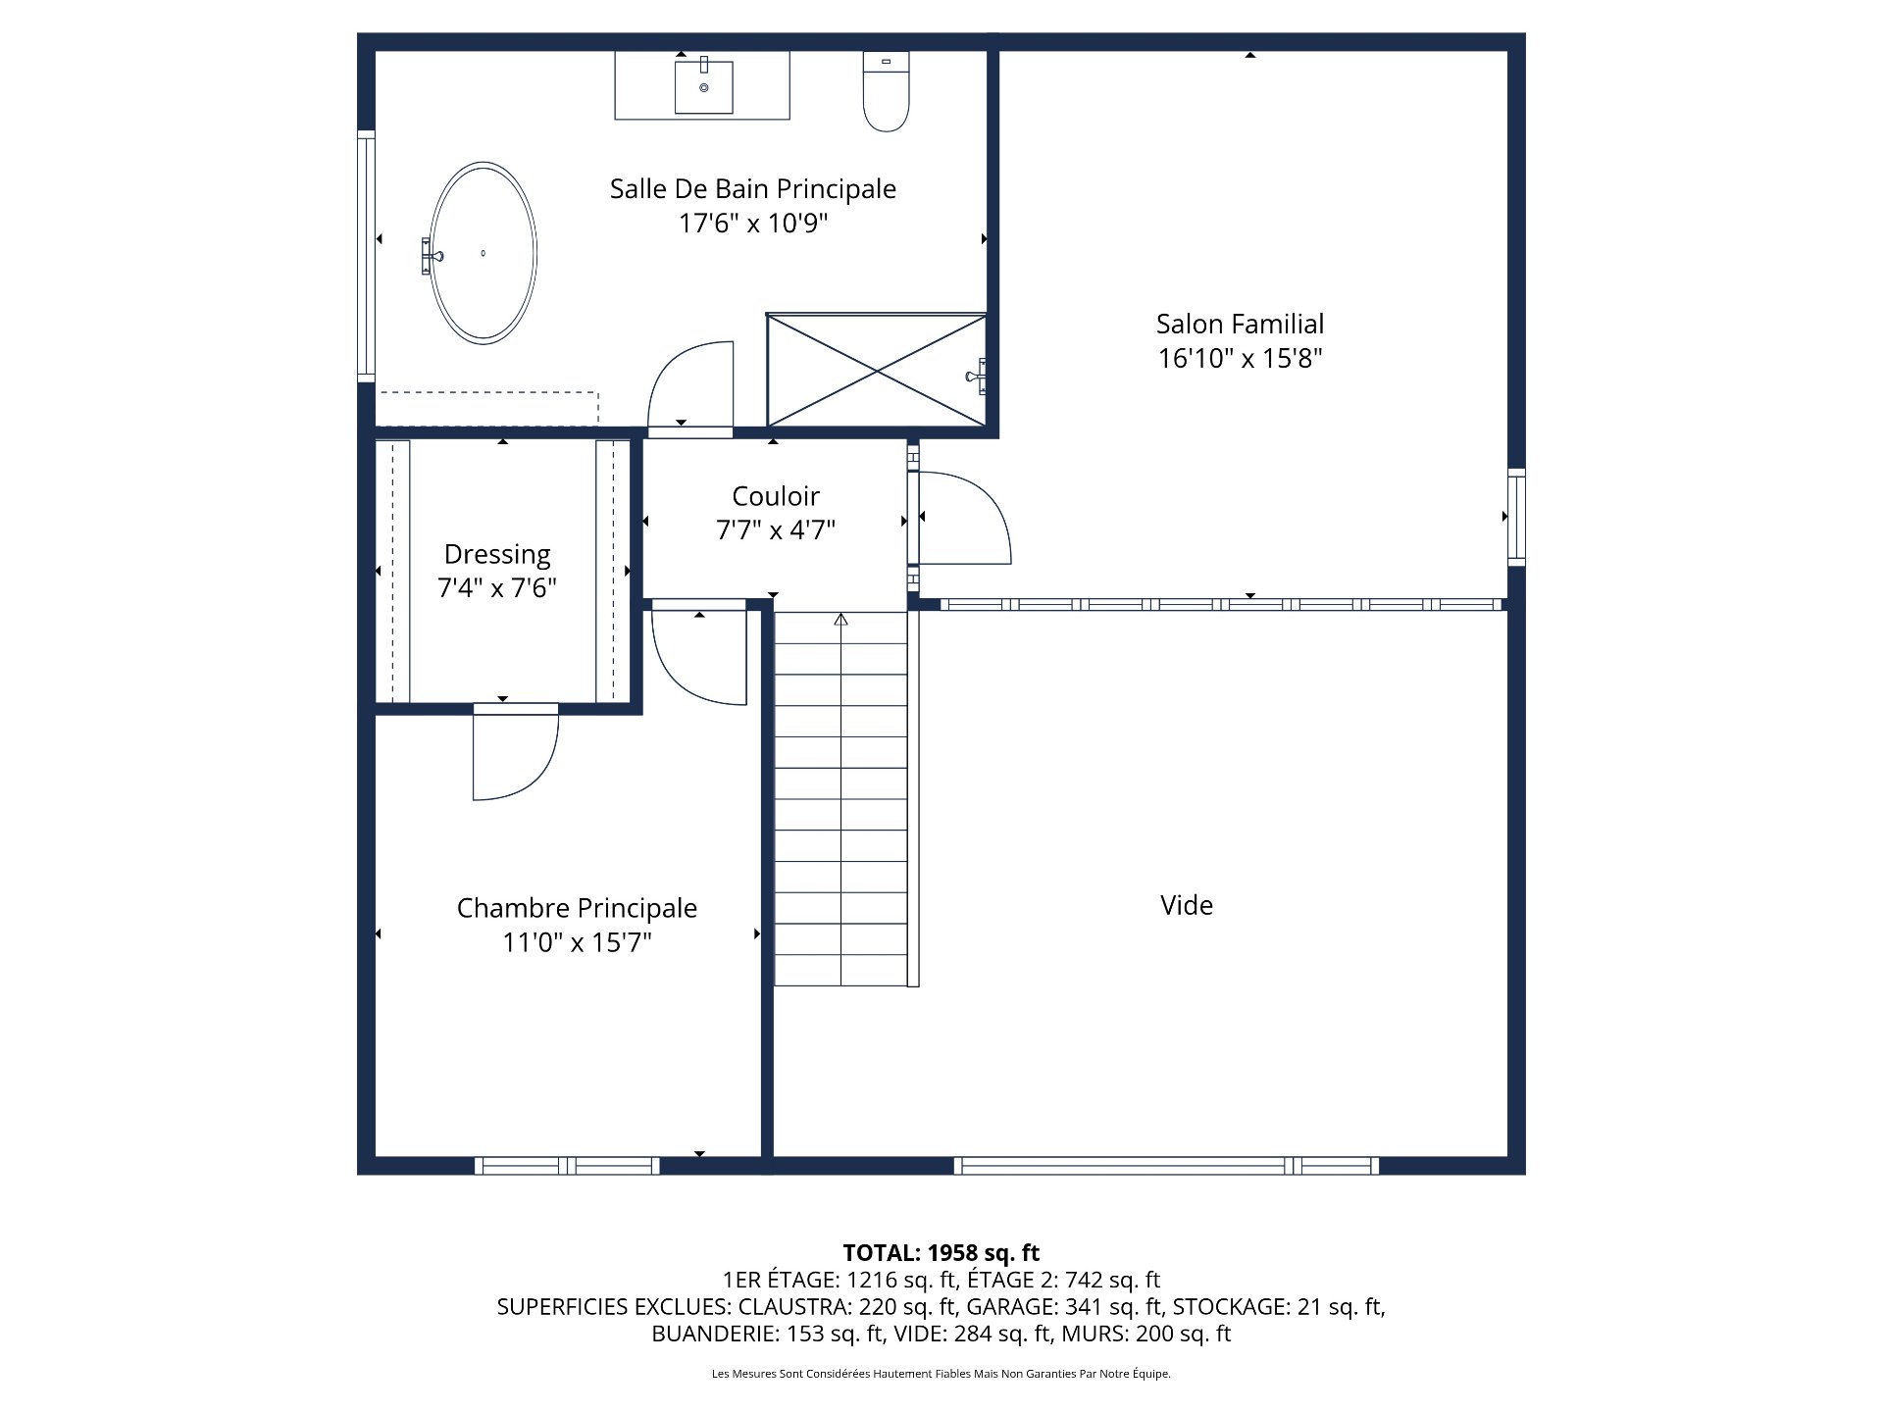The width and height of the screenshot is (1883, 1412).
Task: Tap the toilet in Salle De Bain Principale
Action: (x=886, y=91)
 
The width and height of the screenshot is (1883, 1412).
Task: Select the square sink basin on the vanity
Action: (x=703, y=86)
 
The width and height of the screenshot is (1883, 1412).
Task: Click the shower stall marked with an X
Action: (x=876, y=370)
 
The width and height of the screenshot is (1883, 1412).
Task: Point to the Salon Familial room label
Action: (x=1240, y=324)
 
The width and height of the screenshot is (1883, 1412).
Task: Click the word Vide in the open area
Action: (x=1187, y=905)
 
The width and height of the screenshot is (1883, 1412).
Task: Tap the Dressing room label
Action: (x=497, y=555)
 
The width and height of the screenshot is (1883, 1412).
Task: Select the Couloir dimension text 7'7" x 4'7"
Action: (x=776, y=530)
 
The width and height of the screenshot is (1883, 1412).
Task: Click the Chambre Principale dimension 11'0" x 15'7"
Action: (x=578, y=942)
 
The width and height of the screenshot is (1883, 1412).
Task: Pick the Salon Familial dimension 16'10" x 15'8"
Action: (x=1240, y=358)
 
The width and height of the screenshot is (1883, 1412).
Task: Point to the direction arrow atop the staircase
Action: (x=840, y=620)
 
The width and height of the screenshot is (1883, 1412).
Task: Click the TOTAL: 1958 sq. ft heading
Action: (x=941, y=1252)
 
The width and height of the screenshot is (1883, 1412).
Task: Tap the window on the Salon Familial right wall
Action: (x=1516, y=517)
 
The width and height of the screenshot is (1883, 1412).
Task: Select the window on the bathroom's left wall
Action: (x=366, y=255)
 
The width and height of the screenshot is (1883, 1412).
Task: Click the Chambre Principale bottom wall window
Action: (x=567, y=1166)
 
